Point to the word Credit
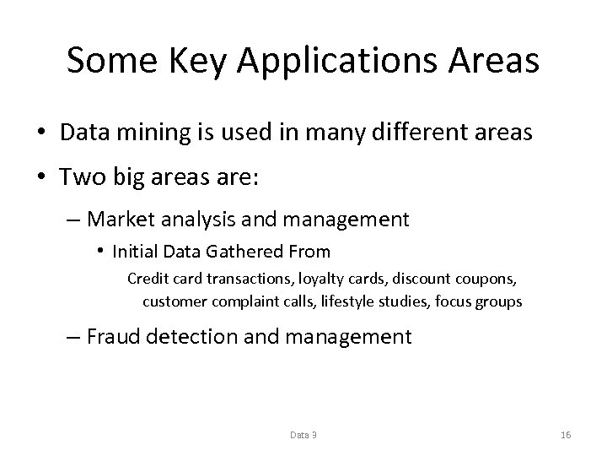(x=146, y=280)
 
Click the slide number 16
(x=566, y=435)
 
